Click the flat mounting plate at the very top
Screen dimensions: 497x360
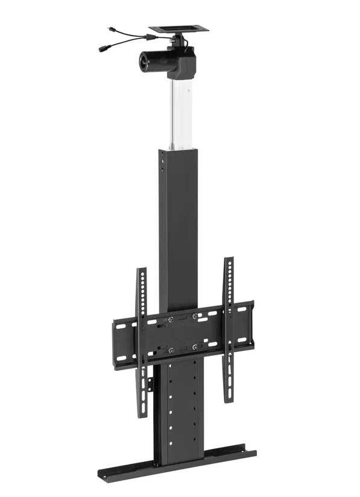click(178, 28)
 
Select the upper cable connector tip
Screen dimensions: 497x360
click(110, 30)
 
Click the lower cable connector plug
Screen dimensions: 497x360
click(103, 48)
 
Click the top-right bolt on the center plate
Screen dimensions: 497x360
click(195, 316)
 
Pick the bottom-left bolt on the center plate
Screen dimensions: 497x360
click(171, 350)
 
